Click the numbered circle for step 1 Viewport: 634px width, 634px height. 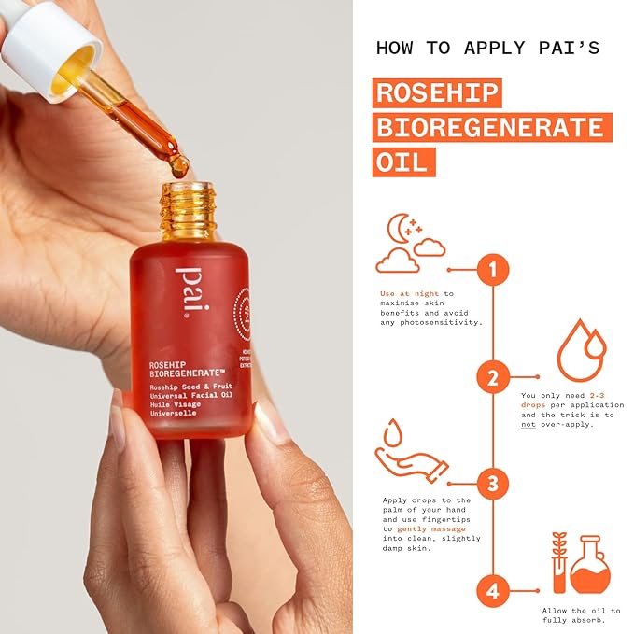tap(492, 271)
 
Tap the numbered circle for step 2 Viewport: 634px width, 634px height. tap(492, 377)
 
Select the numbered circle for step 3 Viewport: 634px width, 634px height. tap(492, 484)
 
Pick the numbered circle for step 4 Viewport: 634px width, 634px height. tap(492, 590)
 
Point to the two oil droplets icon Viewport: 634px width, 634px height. tap(581, 350)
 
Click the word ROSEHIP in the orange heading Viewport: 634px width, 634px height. tap(437, 93)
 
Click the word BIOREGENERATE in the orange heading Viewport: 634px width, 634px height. tap(491, 127)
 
